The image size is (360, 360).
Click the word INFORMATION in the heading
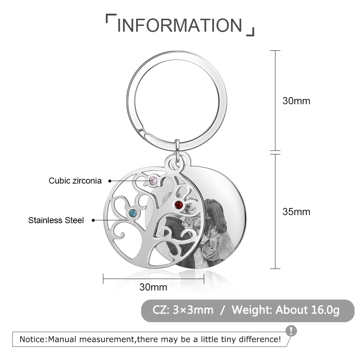(x=180, y=25)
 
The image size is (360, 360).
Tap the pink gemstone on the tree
(x=153, y=181)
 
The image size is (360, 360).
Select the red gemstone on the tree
(x=179, y=204)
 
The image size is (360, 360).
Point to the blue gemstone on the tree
(x=133, y=213)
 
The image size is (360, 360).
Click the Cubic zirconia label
(x=75, y=181)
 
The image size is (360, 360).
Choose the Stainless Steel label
(x=56, y=220)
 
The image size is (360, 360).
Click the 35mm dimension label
(x=296, y=212)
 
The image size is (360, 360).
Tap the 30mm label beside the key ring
(x=296, y=101)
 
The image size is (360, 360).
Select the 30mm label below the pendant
(x=153, y=287)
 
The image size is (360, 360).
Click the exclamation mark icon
(x=291, y=331)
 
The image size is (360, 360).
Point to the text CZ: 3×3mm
(x=183, y=310)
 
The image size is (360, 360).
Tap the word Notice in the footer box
(x=33, y=339)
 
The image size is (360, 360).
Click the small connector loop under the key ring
(x=177, y=150)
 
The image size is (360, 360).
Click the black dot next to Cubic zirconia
(x=110, y=181)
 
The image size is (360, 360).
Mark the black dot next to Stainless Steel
(x=93, y=220)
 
